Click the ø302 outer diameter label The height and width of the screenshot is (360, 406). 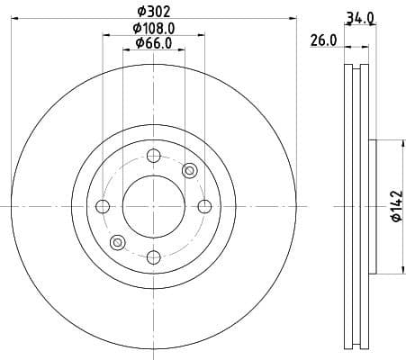click(x=153, y=12)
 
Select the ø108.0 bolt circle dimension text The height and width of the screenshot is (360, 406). click(x=153, y=28)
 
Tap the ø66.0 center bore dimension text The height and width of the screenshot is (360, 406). click(x=153, y=45)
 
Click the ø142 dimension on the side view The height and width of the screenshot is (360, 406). click(x=393, y=207)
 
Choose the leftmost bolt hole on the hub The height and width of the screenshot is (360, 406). click(x=102, y=207)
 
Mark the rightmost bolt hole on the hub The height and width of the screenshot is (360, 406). click(x=204, y=207)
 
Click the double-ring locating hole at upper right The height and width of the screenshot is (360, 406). click(x=189, y=171)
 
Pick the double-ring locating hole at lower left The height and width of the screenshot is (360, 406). click(x=116, y=243)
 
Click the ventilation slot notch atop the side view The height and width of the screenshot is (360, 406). click(x=356, y=67)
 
